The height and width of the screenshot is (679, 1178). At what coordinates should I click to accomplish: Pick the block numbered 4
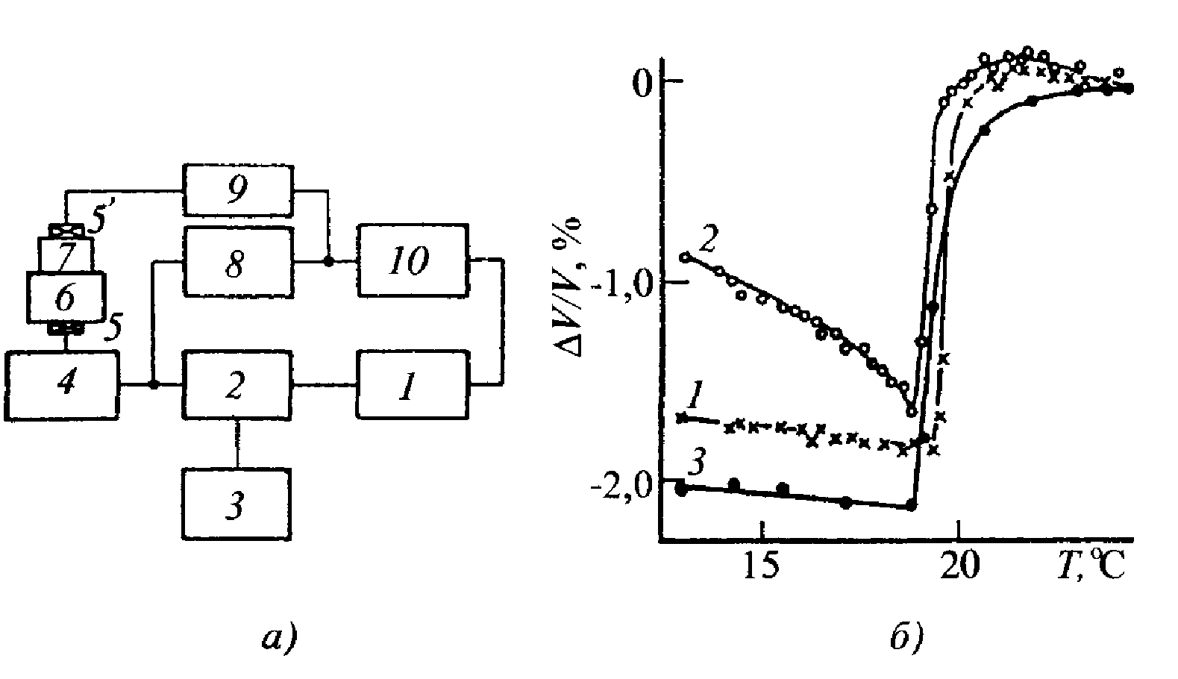[63, 385]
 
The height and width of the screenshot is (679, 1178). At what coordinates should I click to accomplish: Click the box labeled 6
[65, 297]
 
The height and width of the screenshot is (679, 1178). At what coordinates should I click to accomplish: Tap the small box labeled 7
[65, 255]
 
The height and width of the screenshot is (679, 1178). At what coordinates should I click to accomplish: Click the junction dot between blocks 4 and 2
[153, 385]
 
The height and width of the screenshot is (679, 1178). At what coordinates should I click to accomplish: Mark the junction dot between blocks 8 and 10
[328, 261]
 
